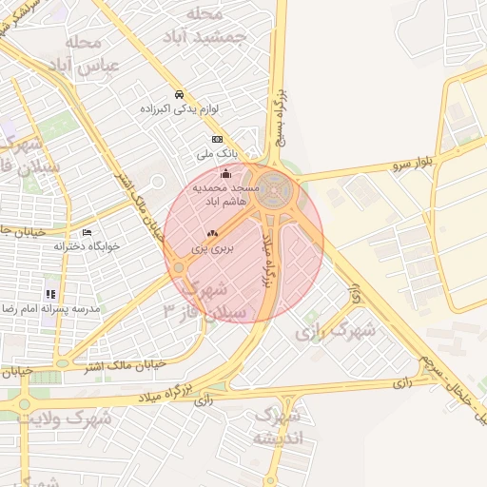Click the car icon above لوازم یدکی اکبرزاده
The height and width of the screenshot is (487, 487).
179,94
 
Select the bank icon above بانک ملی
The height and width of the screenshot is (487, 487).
217,139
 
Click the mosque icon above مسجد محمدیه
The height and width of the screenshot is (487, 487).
225,173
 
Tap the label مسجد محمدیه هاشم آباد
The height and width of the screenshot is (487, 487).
220,195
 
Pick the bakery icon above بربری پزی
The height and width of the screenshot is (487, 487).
212,233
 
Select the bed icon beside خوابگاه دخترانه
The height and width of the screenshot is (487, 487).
88,232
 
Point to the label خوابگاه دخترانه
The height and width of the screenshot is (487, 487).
87,245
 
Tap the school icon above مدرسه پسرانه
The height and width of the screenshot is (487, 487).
50,294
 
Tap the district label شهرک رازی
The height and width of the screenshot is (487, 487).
335,332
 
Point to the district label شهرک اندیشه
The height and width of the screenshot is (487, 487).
278,427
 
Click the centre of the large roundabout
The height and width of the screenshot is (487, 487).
274,188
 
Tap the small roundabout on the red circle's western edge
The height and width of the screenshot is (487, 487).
179,267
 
